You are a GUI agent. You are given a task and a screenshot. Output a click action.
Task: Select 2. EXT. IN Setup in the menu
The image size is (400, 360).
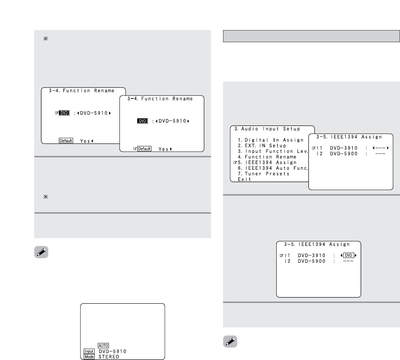pos(262,146)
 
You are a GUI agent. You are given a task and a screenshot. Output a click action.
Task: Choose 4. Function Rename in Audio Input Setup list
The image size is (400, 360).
pos(267,157)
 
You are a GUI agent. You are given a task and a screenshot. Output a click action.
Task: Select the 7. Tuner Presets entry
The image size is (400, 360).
pos(263,174)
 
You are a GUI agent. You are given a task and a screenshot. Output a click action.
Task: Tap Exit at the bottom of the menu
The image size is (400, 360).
pos(244,179)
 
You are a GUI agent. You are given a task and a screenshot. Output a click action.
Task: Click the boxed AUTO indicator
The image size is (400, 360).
pos(104,345)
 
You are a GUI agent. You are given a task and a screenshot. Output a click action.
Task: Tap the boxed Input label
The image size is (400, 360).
pos(89,351)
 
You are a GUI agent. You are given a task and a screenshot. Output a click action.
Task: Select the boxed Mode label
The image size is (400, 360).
pos(89,357)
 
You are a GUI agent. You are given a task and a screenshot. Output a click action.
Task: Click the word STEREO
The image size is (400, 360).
pos(109,357)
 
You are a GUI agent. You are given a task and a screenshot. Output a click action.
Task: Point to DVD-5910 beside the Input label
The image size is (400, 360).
pos(112,351)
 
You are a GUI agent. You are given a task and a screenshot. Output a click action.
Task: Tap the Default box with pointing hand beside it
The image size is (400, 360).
pos(144,149)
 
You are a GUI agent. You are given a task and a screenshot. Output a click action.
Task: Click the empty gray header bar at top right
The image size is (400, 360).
pos(311,36)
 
